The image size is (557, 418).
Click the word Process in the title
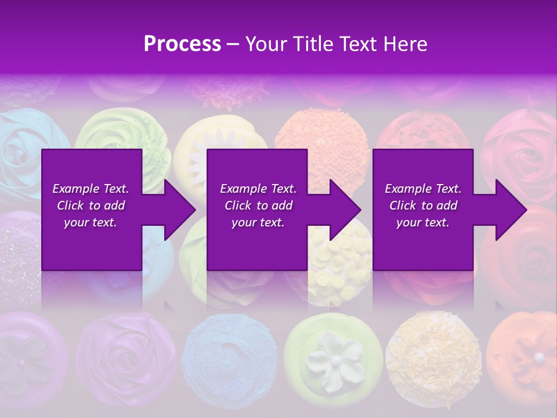point(182,44)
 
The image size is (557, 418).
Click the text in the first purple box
point(91,206)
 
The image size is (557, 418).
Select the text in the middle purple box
point(258,206)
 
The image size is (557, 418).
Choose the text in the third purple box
point(423,206)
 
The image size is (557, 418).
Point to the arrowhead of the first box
point(179,210)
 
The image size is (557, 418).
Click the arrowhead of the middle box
point(345,210)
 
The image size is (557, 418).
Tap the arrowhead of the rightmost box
point(511,210)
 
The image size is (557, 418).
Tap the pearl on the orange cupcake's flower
point(539,356)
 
